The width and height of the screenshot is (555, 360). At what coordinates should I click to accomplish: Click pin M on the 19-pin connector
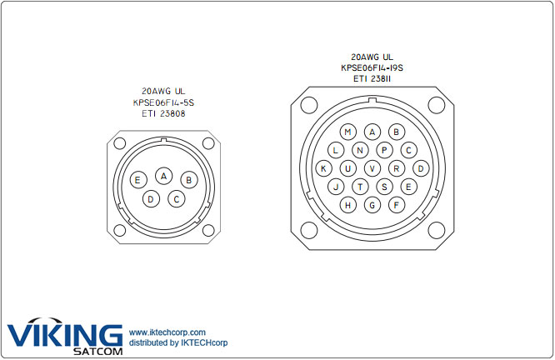tap(347, 132)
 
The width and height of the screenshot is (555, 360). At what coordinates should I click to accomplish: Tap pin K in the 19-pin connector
tap(323, 168)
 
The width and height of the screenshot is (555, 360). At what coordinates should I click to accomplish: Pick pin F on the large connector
tap(397, 205)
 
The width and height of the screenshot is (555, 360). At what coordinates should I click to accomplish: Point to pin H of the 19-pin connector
tap(347, 205)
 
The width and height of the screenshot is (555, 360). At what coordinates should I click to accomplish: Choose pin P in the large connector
tap(384, 150)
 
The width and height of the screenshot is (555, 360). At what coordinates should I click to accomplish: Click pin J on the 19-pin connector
tap(336, 187)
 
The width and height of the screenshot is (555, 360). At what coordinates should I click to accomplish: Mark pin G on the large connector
tap(372, 205)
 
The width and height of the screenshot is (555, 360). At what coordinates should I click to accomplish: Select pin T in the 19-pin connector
tap(360, 187)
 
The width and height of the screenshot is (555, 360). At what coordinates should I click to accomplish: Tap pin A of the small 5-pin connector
tap(164, 176)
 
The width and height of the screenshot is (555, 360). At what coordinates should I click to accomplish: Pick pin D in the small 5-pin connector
tap(151, 199)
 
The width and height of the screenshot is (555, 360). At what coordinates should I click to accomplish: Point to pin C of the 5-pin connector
tap(177, 199)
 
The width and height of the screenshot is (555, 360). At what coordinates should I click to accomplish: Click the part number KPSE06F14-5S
tap(164, 102)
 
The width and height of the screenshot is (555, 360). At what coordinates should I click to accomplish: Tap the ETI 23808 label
tap(164, 112)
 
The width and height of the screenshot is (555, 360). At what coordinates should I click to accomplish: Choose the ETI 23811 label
tap(372, 78)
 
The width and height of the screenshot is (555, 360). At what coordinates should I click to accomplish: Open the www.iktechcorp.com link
tap(167, 332)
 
